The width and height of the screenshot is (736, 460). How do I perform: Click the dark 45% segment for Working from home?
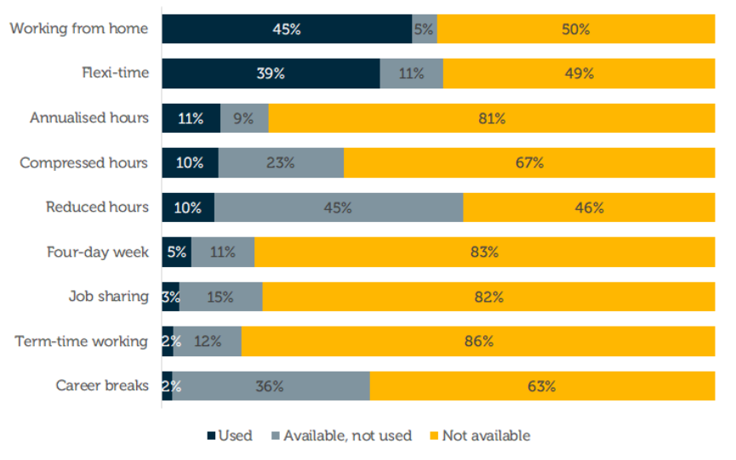pos(287,29)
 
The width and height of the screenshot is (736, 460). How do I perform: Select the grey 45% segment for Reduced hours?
pos(338,207)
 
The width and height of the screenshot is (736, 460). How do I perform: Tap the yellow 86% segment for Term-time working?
pos(478,342)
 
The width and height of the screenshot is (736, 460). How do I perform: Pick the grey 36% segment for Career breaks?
pos(271,386)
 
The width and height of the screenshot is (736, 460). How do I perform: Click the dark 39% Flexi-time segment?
pos(271,73)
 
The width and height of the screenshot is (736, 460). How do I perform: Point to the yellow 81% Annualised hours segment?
pos(491,118)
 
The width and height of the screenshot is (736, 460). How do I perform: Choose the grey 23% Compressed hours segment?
pos(281,163)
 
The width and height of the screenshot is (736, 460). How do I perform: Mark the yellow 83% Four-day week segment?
pos(484,253)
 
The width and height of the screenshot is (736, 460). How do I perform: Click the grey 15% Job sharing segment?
pos(220,298)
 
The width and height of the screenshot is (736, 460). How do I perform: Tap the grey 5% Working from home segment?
pos(424,29)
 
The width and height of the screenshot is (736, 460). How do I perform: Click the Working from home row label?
pos(79,29)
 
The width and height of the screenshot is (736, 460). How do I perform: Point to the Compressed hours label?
pos(84,163)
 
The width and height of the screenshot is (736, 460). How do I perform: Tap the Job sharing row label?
pos(109,298)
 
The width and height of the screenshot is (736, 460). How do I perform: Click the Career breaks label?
pos(102,386)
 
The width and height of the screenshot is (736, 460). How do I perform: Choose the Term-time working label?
pos(82,342)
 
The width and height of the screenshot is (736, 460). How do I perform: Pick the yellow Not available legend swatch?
pos(434,436)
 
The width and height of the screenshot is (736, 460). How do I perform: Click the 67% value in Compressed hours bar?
pos(529,163)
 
